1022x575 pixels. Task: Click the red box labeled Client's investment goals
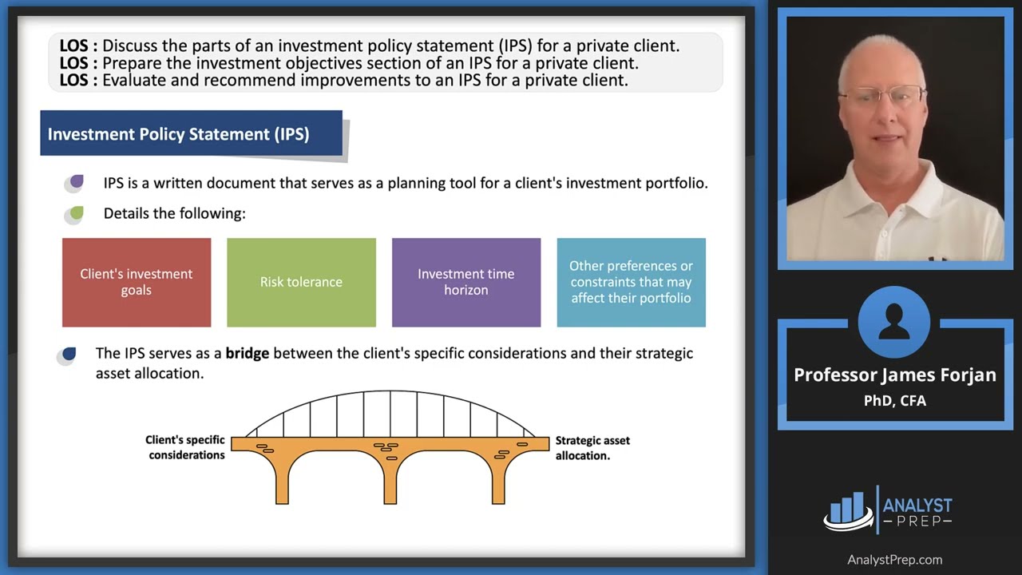[137, 282]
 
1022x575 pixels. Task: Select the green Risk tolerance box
[301, 282]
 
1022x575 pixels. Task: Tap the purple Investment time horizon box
[465, 282]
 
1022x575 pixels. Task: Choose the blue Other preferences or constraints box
[631, 282]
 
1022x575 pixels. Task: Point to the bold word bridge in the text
[247, 353]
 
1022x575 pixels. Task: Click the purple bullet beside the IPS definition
[76, 182]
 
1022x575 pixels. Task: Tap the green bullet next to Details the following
[76, 213]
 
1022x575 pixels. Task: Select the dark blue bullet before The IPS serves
[69, 354]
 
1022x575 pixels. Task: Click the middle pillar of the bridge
[390, 479]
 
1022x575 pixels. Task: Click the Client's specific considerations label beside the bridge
[185, 447]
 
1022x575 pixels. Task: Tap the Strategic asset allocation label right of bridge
[592, 447]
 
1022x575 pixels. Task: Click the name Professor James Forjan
[894, 375]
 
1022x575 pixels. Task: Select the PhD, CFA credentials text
[894, 401]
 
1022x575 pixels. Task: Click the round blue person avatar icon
[894, 323]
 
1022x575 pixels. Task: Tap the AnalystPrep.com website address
[894, 560]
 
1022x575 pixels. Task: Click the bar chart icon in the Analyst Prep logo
[848, 510]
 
